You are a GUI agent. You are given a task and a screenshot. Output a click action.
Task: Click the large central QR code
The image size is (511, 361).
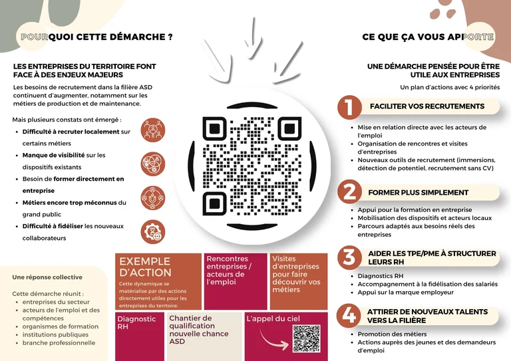[x=252, y=166]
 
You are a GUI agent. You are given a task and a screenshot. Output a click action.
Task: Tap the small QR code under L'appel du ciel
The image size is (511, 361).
[x=306, y=338]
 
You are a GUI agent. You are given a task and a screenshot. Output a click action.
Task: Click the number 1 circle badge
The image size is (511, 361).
[x=349, y=107]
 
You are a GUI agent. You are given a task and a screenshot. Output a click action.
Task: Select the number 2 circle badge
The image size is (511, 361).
[x=349, y=191]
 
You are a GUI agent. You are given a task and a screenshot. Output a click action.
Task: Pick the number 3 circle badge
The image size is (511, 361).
[x=349, y=257]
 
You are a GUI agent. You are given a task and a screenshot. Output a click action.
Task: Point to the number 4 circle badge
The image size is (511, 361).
[x=349, y=315]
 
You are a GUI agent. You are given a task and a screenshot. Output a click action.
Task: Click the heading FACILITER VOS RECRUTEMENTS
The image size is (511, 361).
[x=427, y=106]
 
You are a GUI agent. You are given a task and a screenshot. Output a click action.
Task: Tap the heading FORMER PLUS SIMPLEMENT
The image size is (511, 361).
[x=418, y=193]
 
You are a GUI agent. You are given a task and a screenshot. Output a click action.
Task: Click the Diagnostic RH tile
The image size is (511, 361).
[x=140, y=336]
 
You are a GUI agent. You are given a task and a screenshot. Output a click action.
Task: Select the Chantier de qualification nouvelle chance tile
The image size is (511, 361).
[x=205, y=336]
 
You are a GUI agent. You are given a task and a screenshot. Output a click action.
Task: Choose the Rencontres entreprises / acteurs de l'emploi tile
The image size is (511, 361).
[x=236, y=282]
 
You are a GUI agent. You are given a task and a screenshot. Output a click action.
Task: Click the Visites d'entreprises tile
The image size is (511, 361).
[x=299, y=282]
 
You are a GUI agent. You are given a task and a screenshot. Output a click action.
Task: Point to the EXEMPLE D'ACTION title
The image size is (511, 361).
[x=145, y=267]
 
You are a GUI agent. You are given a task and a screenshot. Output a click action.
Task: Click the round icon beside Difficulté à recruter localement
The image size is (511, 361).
[x=153, y=130]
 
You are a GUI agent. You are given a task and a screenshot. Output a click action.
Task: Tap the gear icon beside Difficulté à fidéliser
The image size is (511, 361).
[x=153, y=232]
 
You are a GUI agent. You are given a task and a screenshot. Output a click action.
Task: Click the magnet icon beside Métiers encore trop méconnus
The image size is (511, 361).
[x=153, y=198]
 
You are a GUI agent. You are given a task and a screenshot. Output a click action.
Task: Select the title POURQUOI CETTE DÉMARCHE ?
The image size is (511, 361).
[x=96, y=37]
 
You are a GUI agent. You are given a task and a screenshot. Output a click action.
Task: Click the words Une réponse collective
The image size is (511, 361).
[x=47, y=277]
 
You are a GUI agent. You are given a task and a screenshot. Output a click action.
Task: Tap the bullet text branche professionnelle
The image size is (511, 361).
[x=59, y=343]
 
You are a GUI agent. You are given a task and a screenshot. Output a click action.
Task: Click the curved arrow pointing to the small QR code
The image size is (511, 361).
[x=273, y=341]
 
